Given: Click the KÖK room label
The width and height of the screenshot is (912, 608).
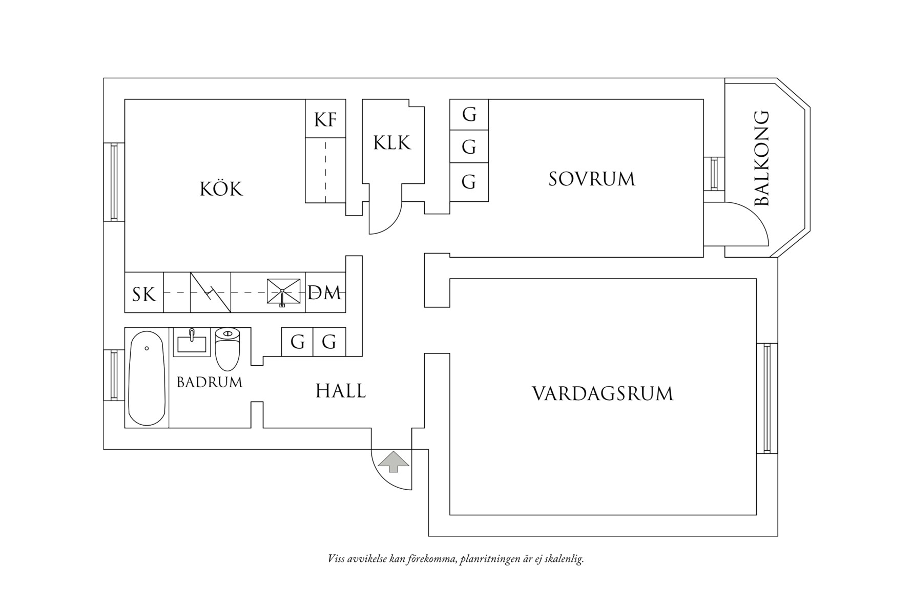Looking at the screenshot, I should (x=221, y=189).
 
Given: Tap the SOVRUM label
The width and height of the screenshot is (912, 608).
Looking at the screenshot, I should (x=592, y=179).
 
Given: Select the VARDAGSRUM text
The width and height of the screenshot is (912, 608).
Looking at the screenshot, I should (x=603, y=394).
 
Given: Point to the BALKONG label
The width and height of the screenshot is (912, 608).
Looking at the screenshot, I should (x=762, y=158).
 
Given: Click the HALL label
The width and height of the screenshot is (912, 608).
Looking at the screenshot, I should (x=341, y=391).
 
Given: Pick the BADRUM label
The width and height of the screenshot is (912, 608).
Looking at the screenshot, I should (x=209, y=382).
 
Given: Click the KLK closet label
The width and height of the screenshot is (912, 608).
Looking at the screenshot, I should (x=392, y=143).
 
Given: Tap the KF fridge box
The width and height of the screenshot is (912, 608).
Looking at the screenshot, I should (x=325, y=119).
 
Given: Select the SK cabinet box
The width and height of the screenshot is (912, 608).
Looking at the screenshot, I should (x=144, y=295).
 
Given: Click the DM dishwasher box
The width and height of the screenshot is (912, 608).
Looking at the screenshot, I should (x=325, y=293).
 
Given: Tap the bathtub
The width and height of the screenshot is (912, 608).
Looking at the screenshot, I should (x=147, y=378).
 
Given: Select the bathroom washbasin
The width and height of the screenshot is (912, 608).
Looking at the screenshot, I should (x=192, y=342).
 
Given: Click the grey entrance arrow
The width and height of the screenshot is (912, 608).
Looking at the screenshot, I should (x=393, y=462).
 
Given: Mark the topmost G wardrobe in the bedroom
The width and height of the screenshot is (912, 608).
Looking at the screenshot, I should (x=469, y=114).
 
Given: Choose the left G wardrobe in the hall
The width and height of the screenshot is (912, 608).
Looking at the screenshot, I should (x=297, y=342).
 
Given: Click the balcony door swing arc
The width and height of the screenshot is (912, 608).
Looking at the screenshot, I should (x=748, y=220).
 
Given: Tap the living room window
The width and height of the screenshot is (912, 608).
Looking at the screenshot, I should (x=767, y=398).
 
